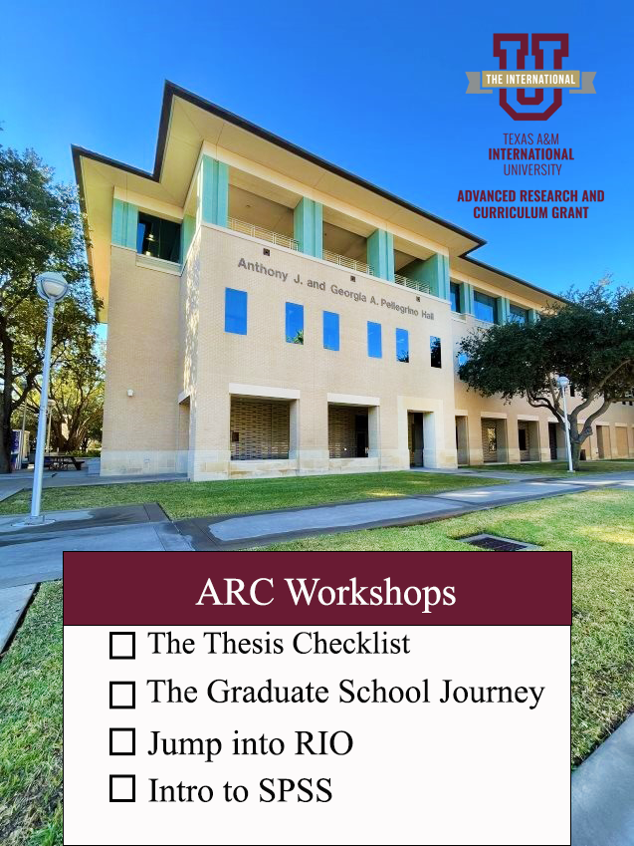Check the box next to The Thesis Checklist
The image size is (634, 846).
(x=122, y=646)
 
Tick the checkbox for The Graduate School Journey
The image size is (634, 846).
(x=122, y=695)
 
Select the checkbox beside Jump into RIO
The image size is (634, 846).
(x=122, y=741)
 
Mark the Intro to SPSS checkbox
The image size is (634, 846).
(x=122, y=789)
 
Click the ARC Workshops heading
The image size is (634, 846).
(x=325, y=592)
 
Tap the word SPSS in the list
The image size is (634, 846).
(x=295, y=791)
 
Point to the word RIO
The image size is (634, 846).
(x=323, y=743)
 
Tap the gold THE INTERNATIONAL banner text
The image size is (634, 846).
(x=530, y=80)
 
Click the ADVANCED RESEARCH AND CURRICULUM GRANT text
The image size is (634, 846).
(x=531, y=204)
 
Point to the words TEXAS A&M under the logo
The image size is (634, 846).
(x=531, y=140)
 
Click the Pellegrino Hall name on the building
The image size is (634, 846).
(x=336, y=289)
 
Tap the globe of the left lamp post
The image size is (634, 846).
(x=52, y=286)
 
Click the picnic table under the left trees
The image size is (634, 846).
(x=64, y=462)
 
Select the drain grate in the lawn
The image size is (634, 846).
(x=496, y=543)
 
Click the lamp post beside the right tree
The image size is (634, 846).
(x=565, y=423)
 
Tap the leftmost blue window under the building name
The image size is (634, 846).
(x=236, y=311)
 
